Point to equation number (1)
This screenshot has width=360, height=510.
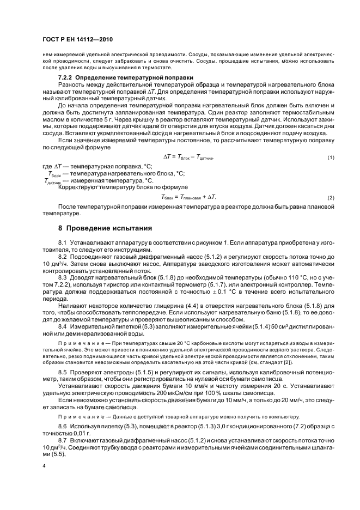(330, 173)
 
